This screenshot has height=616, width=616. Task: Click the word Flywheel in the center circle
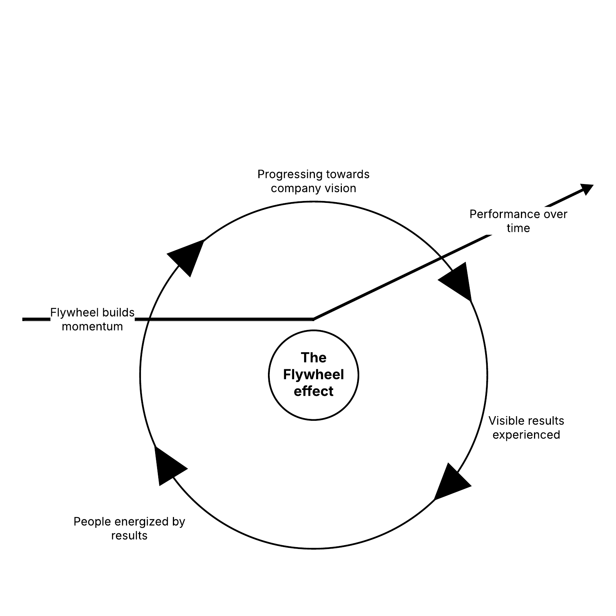(313, 375)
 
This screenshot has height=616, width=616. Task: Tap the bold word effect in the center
(313, 391)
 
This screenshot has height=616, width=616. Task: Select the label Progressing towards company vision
(313, 181)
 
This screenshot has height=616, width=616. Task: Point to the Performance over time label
(518, 221)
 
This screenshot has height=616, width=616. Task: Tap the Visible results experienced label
(526, 428)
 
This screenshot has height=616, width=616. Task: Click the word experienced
(526, 435)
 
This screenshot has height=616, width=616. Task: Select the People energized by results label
(129, 529)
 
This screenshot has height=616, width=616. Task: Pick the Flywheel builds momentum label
(92, 320)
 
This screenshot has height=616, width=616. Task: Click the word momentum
(92, 326)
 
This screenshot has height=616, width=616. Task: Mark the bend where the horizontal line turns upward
(313, 319)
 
